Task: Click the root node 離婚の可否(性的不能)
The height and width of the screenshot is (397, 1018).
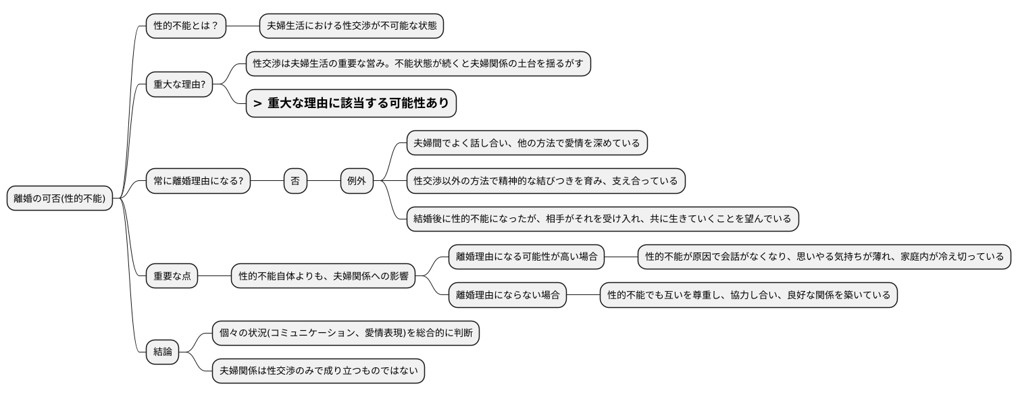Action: [x=59, y=198]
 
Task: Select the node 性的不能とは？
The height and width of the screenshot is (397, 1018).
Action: [x=186, y=26]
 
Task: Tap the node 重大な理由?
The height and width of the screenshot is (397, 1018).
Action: [x=180, y=84]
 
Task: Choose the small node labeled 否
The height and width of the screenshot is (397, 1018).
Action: [x=295, y=181]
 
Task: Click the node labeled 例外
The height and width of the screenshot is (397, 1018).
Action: [x=357, y=181]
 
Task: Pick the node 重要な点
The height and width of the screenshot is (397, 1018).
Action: [x=172, y=275]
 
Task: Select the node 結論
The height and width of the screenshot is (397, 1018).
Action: [x=163, y=351]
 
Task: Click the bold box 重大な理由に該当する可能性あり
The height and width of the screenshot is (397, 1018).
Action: [x=351, y=103]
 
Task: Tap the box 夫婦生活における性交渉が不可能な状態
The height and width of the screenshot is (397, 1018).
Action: [x=352, y=26]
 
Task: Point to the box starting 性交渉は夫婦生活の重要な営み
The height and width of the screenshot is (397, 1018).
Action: [x=417, y=63]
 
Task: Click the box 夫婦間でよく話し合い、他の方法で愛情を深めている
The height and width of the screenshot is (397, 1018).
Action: [x=527, y=143]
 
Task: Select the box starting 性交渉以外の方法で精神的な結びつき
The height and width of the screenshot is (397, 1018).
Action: [x=546, y=181]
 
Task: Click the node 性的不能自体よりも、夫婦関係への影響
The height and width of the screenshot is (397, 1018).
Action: [x=324, y=275]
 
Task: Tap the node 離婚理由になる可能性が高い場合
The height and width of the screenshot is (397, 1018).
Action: [x=526, y=257]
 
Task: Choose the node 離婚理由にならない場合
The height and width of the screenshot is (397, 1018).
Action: [x=507, y=294]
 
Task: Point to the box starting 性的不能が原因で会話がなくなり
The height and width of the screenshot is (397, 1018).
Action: [x=824, y=257]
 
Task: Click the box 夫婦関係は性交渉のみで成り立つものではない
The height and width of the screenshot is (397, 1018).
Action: [x=318, y=370]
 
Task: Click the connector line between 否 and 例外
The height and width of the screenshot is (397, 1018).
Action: [x=324, y=181]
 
